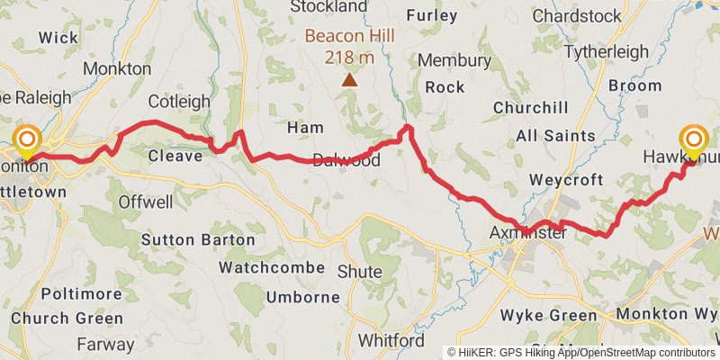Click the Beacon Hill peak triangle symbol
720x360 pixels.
tap(348, 80)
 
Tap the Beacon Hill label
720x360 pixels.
tap(339, 37)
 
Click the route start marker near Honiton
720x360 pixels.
tap(28, 139)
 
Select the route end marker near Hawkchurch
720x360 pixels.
tap(694, 139)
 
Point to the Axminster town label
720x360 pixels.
tap(528, 234)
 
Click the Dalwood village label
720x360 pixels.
tap(346, 161)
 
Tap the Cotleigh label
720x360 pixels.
tap(179, 102)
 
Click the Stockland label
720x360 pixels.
tap(328, 7)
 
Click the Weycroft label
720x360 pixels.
tap(565, 180)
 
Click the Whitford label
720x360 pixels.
tap(391, 341)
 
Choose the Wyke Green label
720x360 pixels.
tap(548, 316)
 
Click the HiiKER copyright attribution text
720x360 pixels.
tap(580, 353)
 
